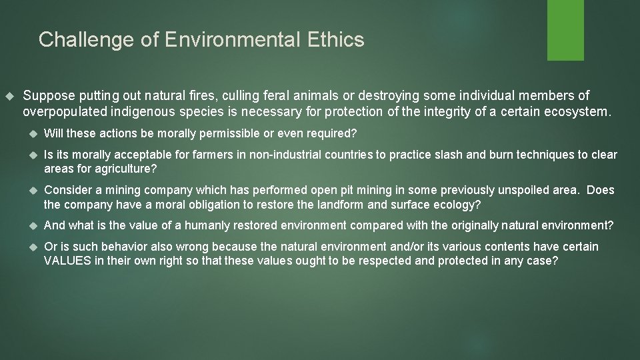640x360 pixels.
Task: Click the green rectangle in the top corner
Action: tap(565, 29)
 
